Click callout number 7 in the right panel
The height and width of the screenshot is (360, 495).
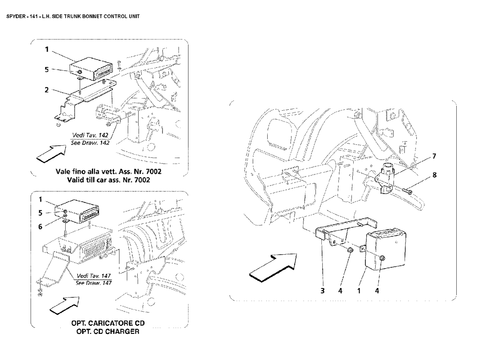434,156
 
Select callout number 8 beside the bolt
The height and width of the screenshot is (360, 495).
434,175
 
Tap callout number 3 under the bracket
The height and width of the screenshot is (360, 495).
322,291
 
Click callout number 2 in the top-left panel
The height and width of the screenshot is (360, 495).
47,90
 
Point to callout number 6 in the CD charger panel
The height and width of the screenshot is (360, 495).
40,226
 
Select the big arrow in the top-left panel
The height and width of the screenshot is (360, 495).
50,153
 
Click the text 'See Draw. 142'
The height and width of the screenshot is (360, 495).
90,143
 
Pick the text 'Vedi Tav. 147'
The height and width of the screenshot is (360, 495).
94,276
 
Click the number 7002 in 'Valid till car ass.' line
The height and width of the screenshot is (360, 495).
142,180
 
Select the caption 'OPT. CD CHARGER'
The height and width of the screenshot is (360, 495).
108,332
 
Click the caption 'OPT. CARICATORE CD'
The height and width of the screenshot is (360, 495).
108,323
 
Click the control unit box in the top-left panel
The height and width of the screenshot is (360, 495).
90,70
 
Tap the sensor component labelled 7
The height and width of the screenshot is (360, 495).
387,179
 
